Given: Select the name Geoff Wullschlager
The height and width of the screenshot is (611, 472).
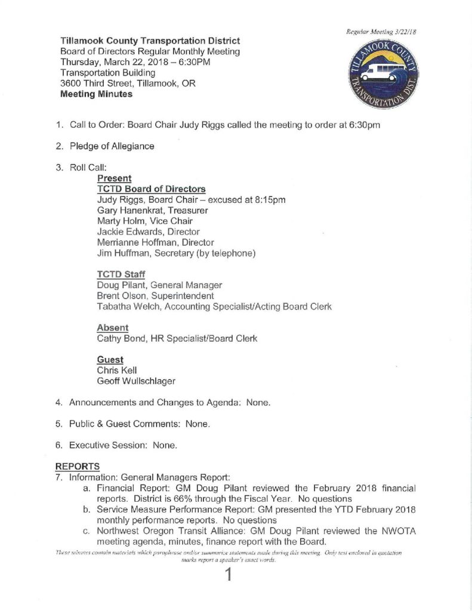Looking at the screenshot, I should coord(135,381).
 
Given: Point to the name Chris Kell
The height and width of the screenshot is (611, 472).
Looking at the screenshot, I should coord(116,371).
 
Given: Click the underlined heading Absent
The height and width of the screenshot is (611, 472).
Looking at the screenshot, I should coord(113,328).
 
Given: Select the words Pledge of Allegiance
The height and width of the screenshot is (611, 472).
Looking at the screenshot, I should coord(112,146).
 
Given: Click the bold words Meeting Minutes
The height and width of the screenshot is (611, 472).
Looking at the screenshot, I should coord(97,94).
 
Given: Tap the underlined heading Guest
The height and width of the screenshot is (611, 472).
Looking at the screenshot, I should coord(110,360).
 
